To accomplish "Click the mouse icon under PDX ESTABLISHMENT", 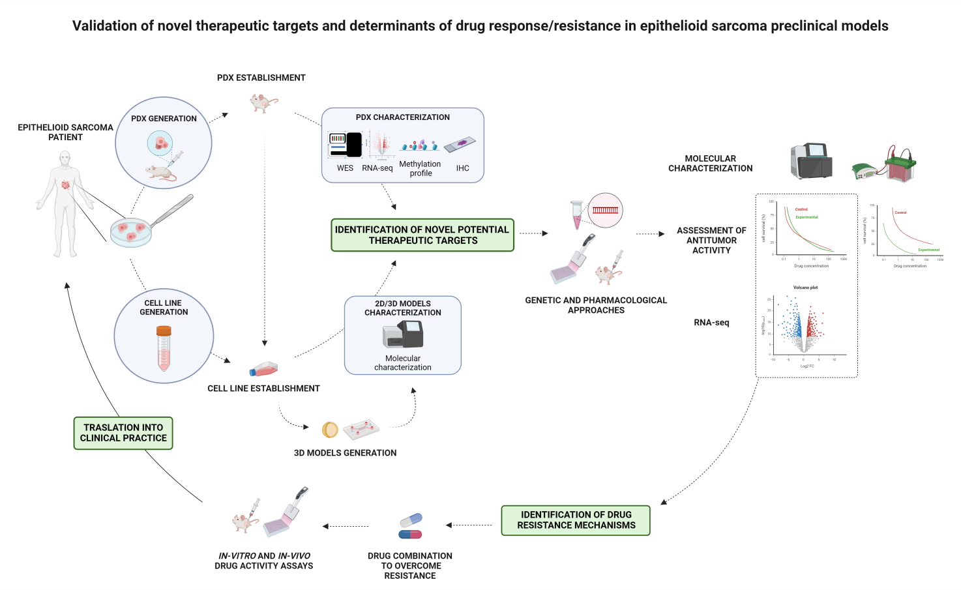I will point(263,102).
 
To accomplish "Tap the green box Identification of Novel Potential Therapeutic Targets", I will point(422,235).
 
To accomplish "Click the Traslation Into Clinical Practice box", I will point(123,433).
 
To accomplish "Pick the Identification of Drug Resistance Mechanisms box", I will point(576,520).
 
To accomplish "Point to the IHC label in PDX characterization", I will point(462,168).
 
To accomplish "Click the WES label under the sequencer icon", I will point(345,168).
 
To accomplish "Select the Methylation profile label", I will point(420,169).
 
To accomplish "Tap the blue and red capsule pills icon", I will point(411,526).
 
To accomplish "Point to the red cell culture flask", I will point(264,369).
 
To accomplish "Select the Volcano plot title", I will point(805,288).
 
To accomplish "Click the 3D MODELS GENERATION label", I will point(345,453).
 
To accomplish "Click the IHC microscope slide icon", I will point(460,144).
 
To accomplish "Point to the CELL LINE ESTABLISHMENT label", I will point(263,389).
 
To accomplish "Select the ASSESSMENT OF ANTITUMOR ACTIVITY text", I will point(711,241).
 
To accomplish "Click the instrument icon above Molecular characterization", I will point(403,334).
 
